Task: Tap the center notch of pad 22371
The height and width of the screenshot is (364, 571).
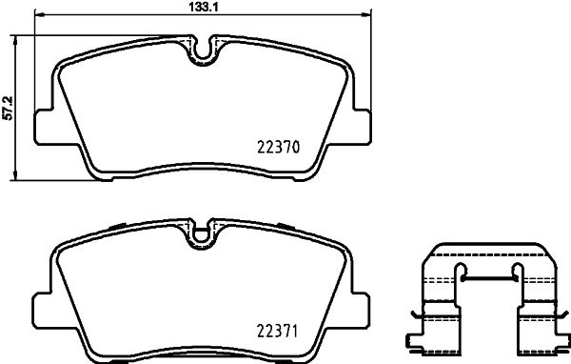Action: [202, 232]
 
